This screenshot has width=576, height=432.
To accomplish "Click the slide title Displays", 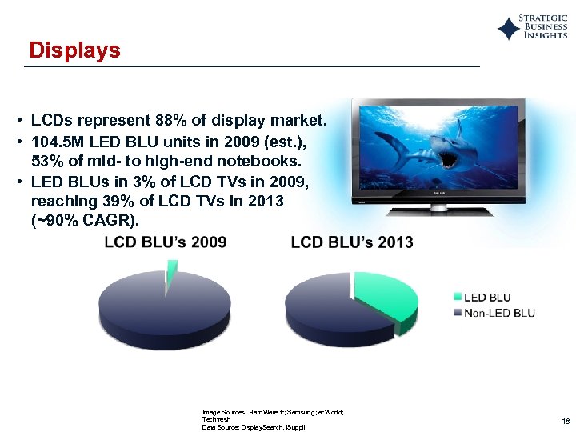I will [x=74, y=50].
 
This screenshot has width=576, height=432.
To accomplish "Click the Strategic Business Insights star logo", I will [x=508, y=30].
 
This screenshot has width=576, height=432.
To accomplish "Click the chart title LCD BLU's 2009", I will [x=166, y=242].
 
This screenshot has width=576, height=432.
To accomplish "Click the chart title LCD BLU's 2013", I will [x=352, y=242].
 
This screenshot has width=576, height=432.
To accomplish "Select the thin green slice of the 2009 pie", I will [x=170, y=272].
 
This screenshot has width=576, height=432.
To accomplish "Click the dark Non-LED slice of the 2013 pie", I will [x=320, y=304].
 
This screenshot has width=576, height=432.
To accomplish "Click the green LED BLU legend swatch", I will [x=458, y=298].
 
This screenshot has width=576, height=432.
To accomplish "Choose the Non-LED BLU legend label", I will [x=499, y=312].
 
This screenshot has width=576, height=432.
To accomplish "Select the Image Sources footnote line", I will [x=272, y=412].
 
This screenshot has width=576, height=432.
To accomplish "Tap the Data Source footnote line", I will [x=254, y=428].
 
